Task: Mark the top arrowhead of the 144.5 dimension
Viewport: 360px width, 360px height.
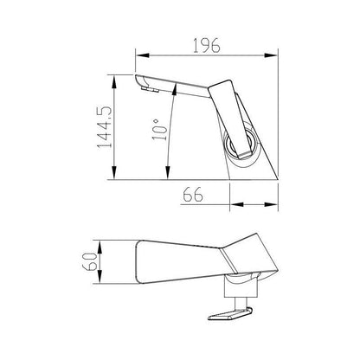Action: (114, 78)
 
